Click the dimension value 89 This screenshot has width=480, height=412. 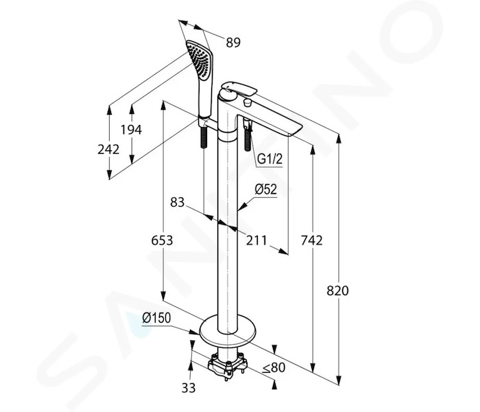233,43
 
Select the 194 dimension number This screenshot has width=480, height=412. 131,130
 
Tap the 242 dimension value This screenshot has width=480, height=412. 108,149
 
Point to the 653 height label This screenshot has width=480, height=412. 162,240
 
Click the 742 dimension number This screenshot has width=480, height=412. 311,240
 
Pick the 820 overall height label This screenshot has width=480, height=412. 337,290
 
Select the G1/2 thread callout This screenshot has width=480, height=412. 269,159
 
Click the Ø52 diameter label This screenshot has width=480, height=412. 266,190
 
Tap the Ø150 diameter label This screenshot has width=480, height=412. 156,318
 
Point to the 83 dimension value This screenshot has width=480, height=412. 178,202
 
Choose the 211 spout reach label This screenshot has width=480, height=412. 256,240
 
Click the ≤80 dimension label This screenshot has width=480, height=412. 274,367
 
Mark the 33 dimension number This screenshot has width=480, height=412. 189,388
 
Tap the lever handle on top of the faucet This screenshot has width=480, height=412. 239,89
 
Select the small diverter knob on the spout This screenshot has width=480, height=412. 248,102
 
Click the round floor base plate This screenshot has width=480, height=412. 227,329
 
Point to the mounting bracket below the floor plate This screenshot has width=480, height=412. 228,365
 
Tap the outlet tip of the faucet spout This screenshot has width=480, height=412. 295,131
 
